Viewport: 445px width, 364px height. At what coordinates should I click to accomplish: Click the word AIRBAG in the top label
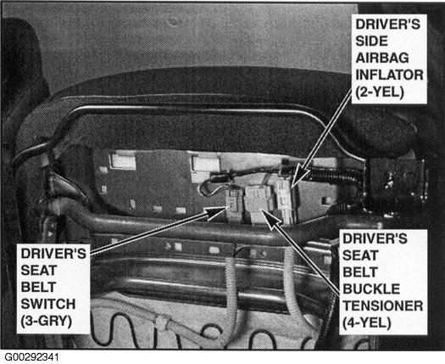(x=382, y=58)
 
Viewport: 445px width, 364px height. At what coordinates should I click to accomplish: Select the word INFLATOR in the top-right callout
(x=389, y=75)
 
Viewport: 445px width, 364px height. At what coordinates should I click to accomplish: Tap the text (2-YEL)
(x=380, y=92)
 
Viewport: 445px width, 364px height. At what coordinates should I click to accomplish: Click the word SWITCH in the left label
(x=48, y=304)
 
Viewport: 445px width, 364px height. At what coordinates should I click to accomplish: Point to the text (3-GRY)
(x=47, y=322)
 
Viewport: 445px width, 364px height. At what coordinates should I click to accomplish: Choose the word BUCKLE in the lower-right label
(x=371, y=289)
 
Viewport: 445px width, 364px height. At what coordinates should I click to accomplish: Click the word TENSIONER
(x=383, y=306)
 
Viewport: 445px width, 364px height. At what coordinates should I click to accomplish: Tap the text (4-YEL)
(x=367, y=323)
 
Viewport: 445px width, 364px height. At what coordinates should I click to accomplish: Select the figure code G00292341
(x=32, y=357)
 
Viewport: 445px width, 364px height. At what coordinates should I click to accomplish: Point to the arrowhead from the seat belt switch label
(x=216, y=213)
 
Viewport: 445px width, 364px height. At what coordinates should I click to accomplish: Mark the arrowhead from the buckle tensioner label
(x=269, y=218)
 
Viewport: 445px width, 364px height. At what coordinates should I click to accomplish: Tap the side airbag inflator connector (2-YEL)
(x=285, y=199)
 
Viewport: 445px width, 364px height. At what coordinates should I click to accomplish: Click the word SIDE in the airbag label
(x=371, y=42)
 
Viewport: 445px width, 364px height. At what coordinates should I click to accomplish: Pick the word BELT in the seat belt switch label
(x=38, y=287)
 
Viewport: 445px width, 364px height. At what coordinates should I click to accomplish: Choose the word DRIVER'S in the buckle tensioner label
(x=375, y=238)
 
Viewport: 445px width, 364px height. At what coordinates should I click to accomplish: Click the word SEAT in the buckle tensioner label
(x=360, y=255)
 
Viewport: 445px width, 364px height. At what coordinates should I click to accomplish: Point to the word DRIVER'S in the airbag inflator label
(x=387, y=24)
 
